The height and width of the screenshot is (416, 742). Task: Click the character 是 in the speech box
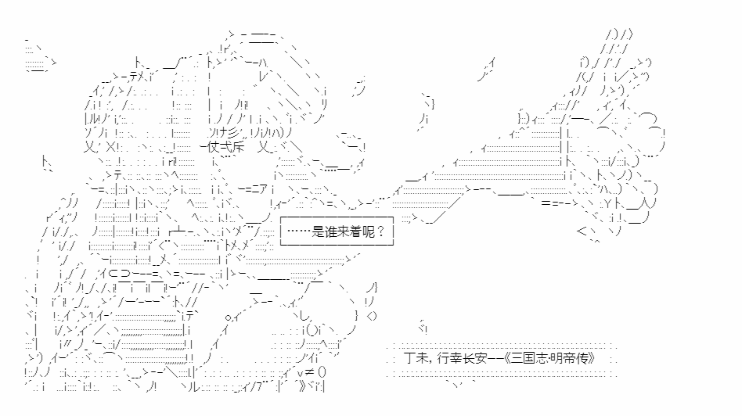pyautogui.click(x=319, y=231)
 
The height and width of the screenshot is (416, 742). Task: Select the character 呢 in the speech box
pyautogui.click(x=369, y=231)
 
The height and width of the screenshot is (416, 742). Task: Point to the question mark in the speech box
pyautogui.click(x=381, y=231)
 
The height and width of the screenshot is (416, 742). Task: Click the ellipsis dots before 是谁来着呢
pyautogui.click(x=299, y=231)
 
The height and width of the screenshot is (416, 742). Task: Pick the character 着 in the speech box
pyautogui.click(x=356, y=231)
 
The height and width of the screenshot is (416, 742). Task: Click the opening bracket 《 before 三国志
pyautogui.click(x=506, y=358)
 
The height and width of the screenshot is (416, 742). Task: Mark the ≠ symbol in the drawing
pyautogui.click(x=309, y=372)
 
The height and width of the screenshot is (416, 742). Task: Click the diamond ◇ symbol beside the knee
pyautogui.click(x=372, y=316)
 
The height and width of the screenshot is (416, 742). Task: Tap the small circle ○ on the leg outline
pyautogui.click(x=229, y=317)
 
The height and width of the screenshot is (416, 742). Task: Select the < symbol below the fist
pyautogui.click(x=582, y=231)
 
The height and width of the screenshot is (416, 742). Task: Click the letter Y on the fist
pyautogui.click(x=608, y=204)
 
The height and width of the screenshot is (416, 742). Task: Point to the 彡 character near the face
pyautogui.click(x=236, y=132)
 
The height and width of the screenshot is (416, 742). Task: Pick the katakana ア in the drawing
pyautogui.click(x=263, y=189)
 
